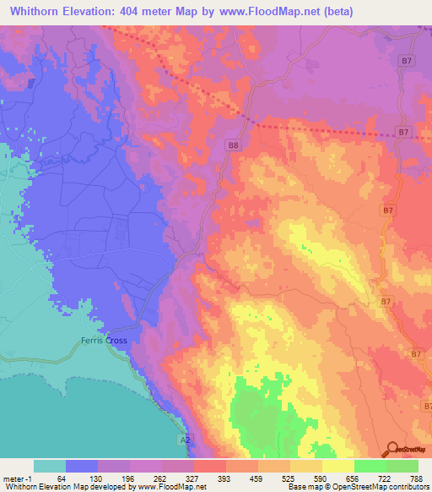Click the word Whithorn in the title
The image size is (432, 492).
coord(40,12)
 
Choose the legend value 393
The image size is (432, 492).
coord(226,478)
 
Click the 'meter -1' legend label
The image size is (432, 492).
coord(16,478)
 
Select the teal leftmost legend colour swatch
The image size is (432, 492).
coord(50,466)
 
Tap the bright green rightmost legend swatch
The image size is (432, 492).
coord(402,466)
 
